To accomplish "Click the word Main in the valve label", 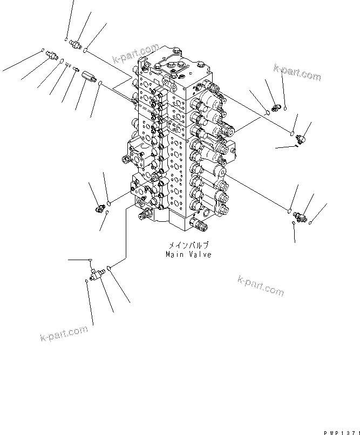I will (175, 255).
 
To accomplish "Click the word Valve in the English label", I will (199, 255).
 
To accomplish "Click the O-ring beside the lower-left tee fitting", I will (110, 268).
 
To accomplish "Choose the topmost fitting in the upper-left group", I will (75, 44).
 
